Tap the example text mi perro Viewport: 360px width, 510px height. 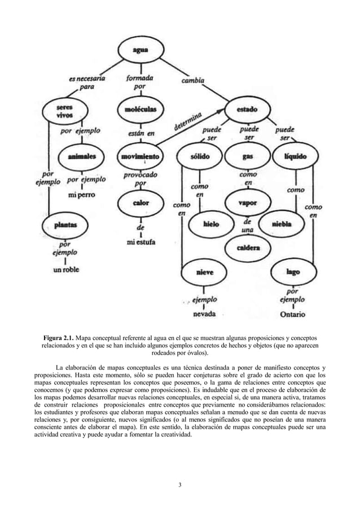coord(81,195)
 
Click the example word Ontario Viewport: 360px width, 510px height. coord(293,314)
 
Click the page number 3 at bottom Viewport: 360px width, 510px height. coord(180,483)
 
